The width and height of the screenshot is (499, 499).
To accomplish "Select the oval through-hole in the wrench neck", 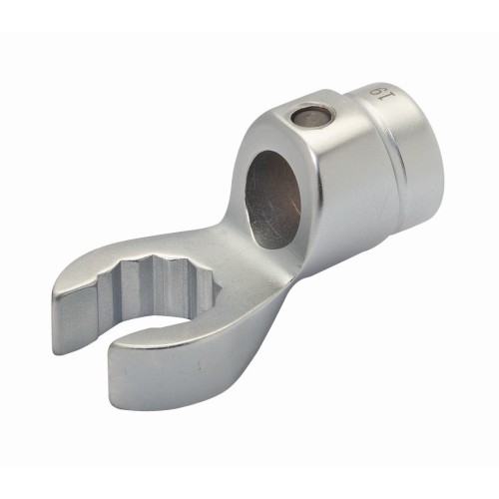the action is click(273, 199).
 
